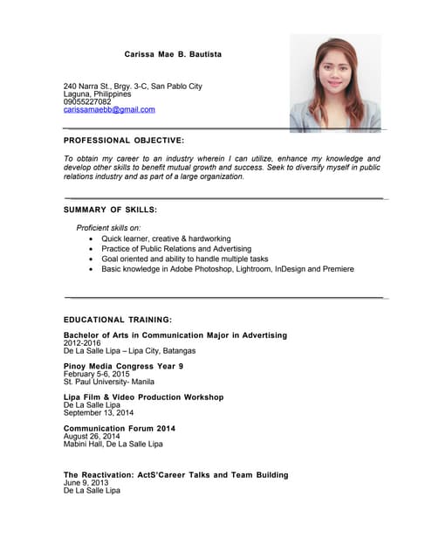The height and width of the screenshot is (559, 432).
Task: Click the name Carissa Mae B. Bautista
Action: click(173, 54)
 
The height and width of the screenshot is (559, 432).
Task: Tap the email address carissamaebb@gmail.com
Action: click(109, 110)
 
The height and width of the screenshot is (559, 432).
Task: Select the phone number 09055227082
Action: click(87, 102)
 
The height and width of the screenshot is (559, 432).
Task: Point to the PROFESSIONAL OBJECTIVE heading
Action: click(124, 140)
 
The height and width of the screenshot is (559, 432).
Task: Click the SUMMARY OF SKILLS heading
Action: click(110, 210)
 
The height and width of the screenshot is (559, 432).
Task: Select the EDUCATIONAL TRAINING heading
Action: click(118, 320)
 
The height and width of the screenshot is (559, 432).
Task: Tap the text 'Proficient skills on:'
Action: click(108, 227)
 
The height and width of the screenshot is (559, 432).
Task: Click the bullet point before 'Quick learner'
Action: click(92, 238)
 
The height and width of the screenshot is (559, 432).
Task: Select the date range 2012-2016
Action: click(82, 343)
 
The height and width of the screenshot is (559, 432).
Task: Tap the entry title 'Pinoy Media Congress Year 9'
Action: click(123, 366)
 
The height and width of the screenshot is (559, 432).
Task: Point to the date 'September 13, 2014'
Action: click(99, 412)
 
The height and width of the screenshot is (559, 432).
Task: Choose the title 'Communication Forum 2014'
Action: click(120, 428)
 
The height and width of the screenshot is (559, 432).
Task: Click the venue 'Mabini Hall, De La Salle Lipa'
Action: click(113, 444)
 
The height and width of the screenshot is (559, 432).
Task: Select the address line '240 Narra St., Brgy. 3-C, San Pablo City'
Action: click(133, 86)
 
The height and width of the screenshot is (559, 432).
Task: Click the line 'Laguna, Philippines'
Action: click(98, 94)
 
